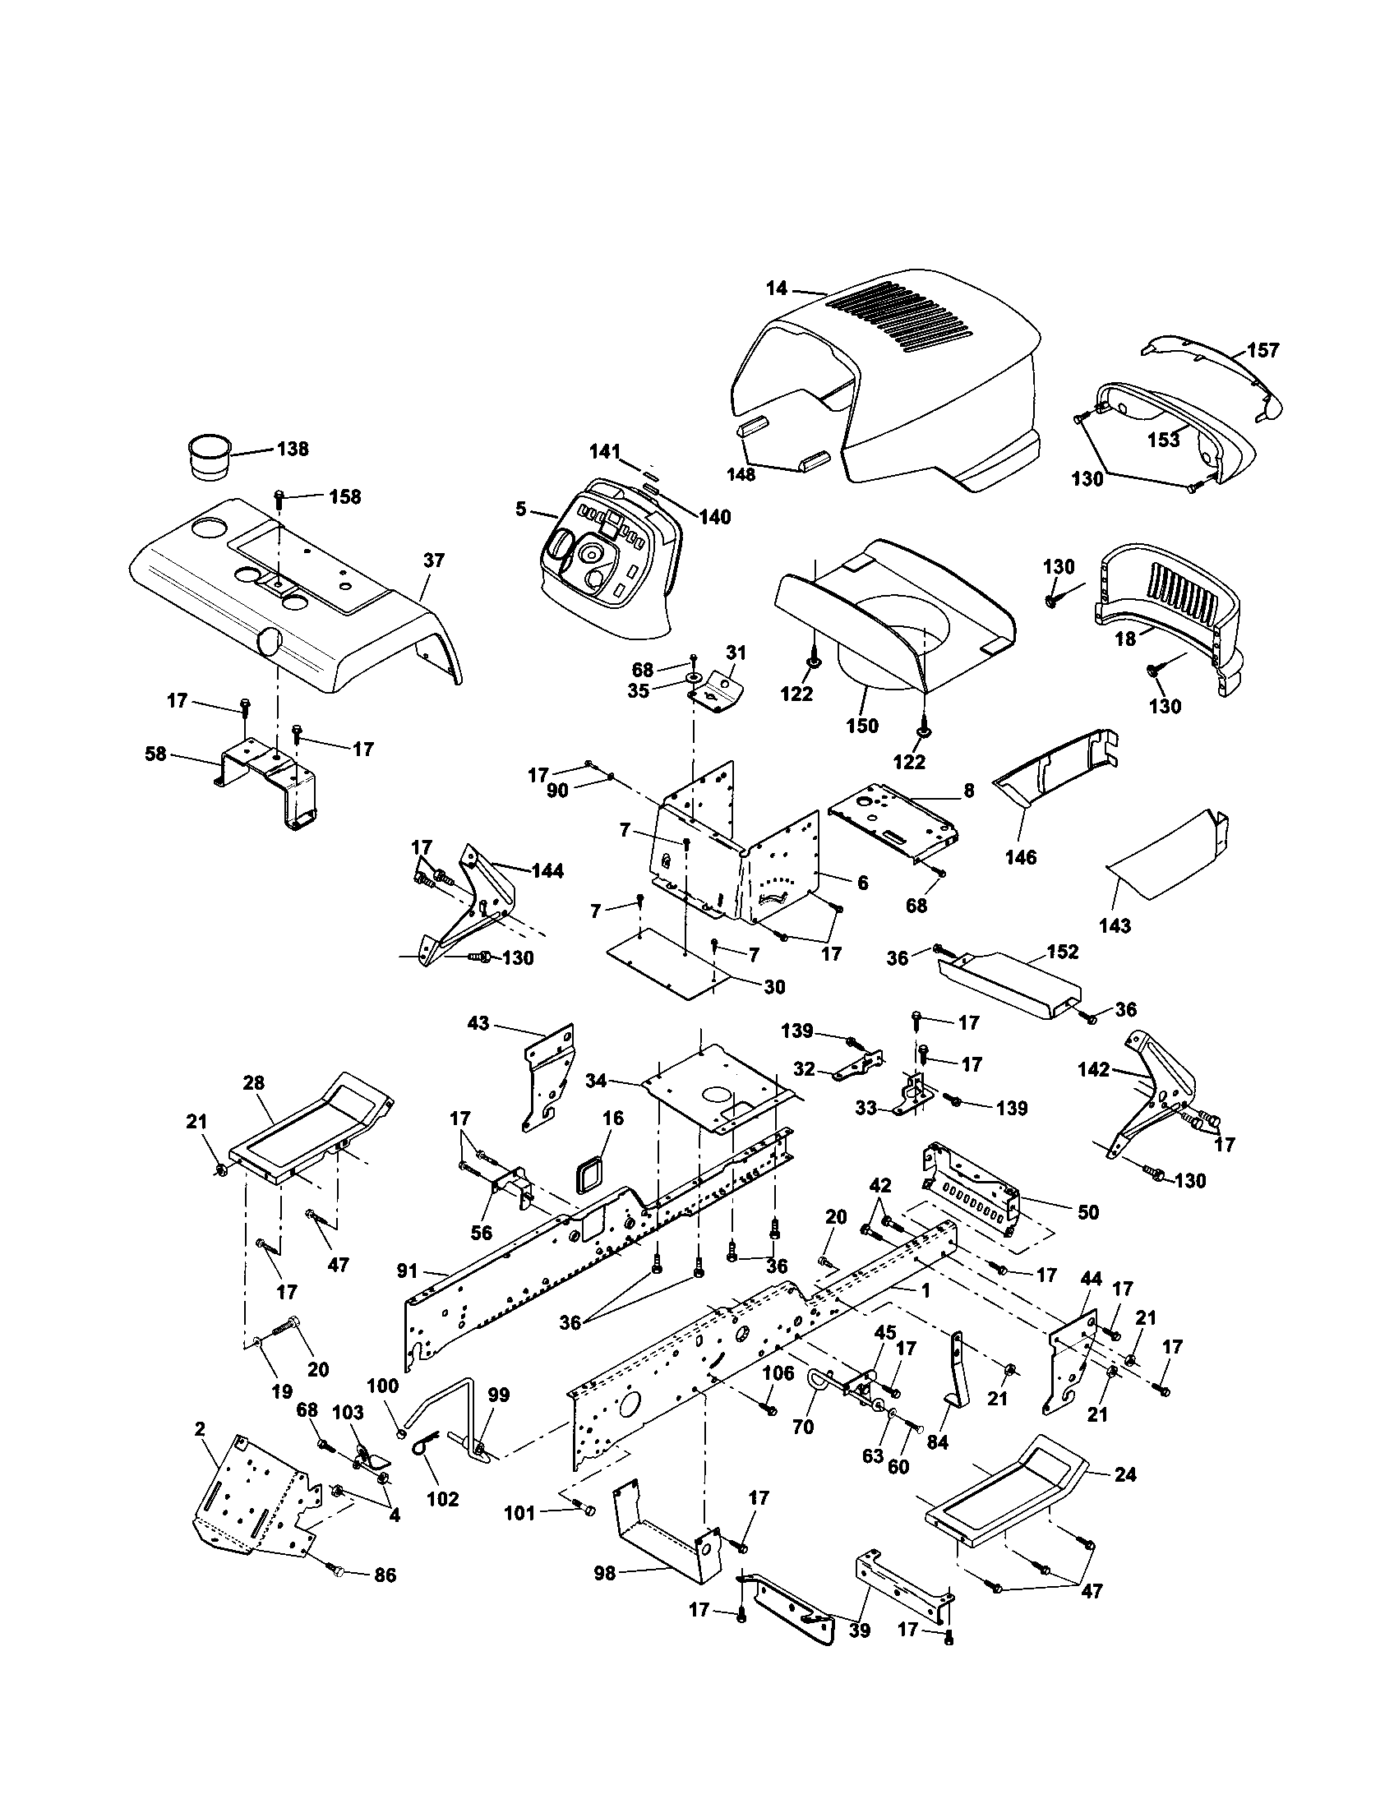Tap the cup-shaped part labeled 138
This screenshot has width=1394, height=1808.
[208, 454]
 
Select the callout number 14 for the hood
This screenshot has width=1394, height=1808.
[776, 289]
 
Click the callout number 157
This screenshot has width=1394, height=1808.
[1262, 350]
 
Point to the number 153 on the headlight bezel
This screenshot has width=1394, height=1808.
[1163, 440]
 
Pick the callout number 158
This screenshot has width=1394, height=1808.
[344, 496]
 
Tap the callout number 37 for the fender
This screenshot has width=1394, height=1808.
[433, 560]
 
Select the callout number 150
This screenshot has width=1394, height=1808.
[861, 725]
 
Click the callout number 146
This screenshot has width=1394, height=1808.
[1020, 858]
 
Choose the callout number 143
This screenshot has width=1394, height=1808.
[1115, 925]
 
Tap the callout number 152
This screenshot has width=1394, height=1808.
[1062, 952]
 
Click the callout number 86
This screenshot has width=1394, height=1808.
[385, 1575]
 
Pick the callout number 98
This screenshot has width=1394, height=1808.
[605, 1574]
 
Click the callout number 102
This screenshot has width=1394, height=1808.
[441, 1499]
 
